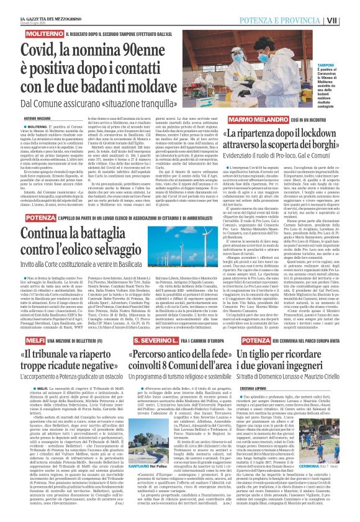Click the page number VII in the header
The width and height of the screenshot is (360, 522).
[x=351, y=6]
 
